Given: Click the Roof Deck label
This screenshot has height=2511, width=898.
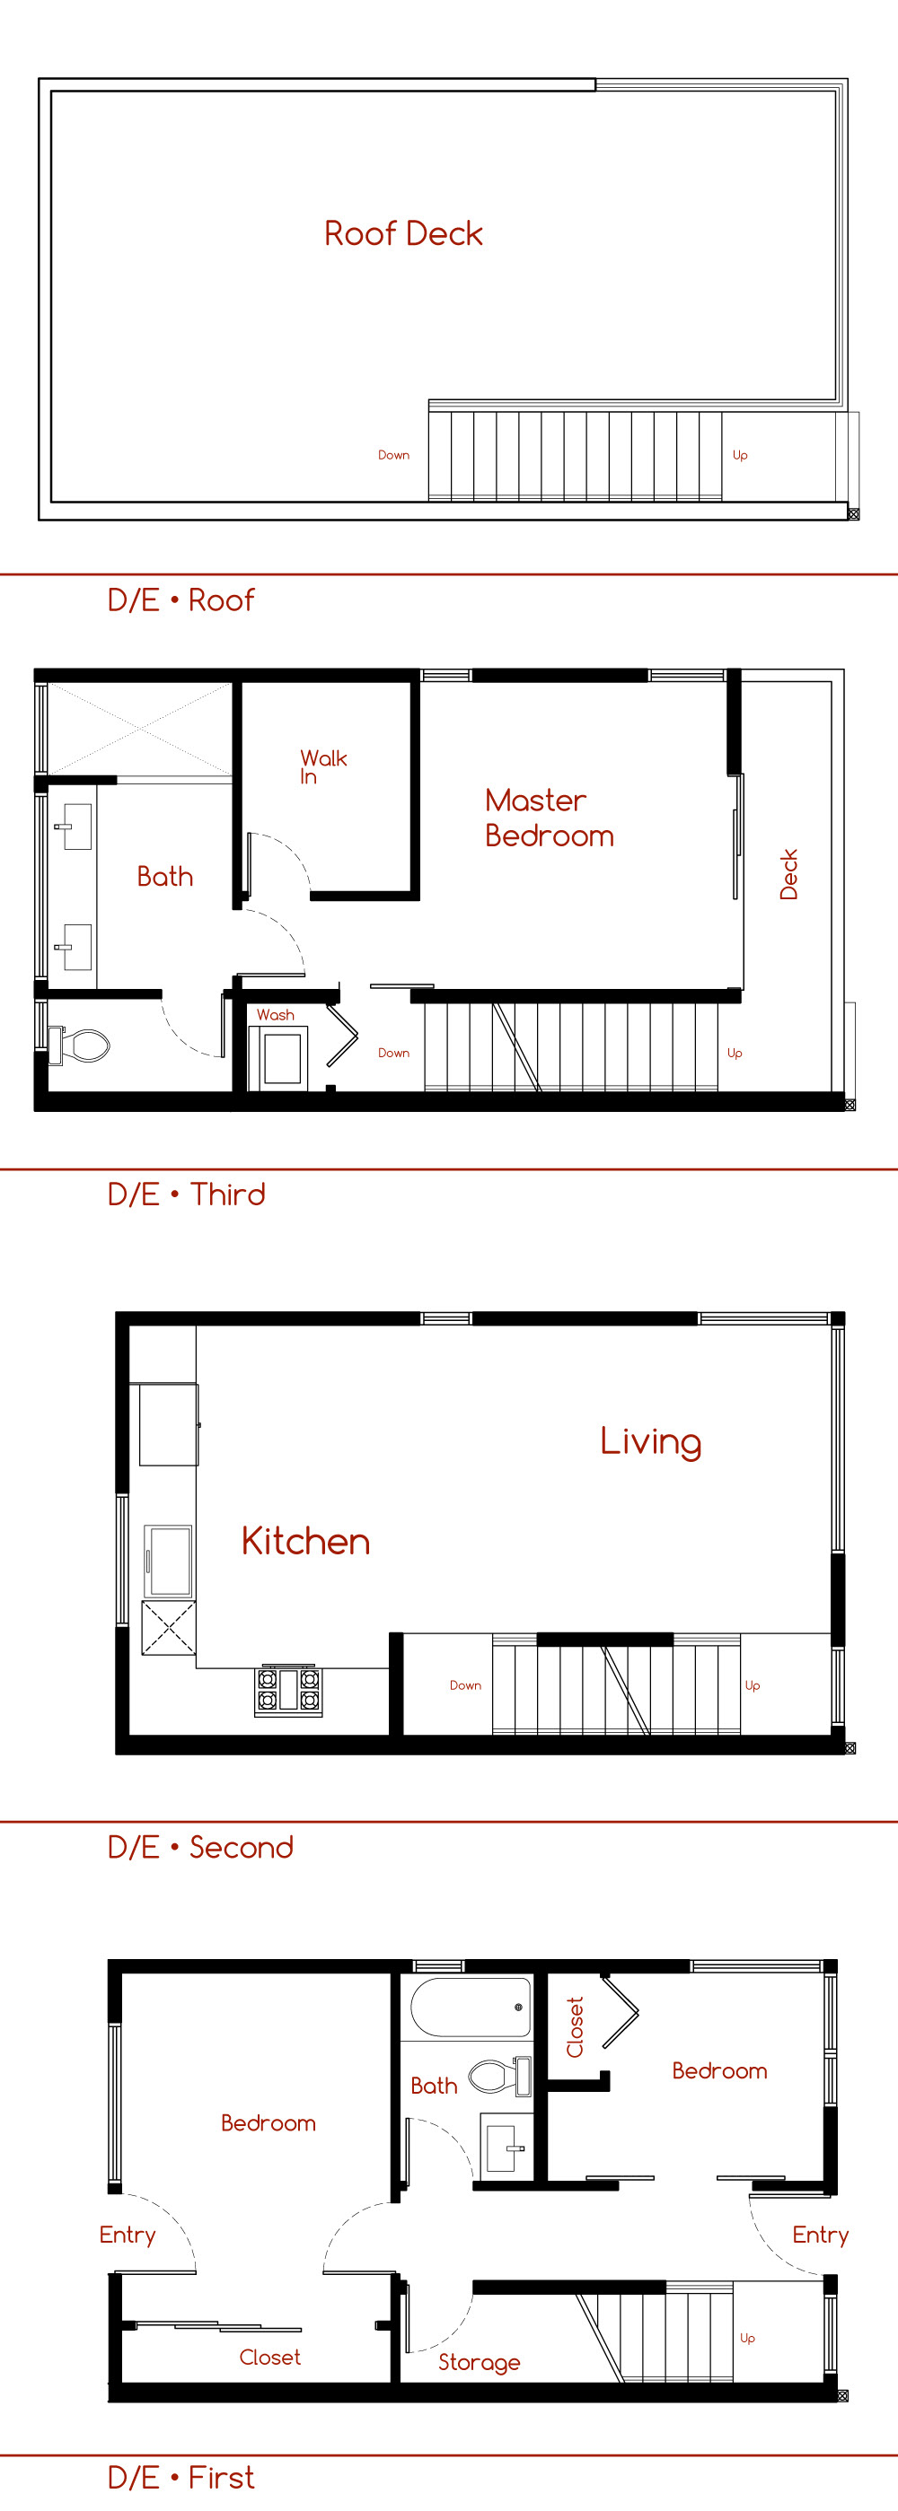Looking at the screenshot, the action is pyautogui.click(x=404, y=234).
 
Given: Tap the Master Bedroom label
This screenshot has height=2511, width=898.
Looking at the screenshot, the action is pyautogui.click(x=549, y=818).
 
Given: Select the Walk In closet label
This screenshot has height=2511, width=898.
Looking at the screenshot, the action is pyautogui.click(x=322, y=766).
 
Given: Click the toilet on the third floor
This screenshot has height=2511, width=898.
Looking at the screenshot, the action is pyautogui.click(x=79, y=1046).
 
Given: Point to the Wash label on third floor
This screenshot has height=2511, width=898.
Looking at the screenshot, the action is pyautogui.click(x=275, y=1015).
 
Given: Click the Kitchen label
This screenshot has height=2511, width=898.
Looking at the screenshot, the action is pyautogui.click(x=305, y=1541).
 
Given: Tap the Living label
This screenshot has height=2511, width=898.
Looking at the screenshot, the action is pyautogui.click(x=650, y=1441).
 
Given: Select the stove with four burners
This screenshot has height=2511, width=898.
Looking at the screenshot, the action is pyautogui.click(x=287, y=1690).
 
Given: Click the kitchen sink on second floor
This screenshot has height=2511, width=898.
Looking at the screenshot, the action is pyautogui.click(x=168, y=1561).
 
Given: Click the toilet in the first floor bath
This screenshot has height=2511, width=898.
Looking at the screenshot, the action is pyautogui.click(x=499, y=2077).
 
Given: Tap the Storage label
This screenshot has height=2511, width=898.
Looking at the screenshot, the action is pyautogui.click(x=479, y=2362).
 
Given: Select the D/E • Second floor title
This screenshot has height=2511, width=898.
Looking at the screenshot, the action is pyautogui.click(x=200, y=1847).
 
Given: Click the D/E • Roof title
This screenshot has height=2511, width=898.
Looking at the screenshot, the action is pyautogui.click(x=180, y=599).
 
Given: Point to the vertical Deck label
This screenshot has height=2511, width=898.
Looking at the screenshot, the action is pyautogui.click(x=788, y=873).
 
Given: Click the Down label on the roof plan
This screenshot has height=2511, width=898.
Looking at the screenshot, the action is pyautogui.click(x=394, y=455).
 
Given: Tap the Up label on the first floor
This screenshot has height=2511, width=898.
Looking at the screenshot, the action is pyautogui.click(x=747, y=2339).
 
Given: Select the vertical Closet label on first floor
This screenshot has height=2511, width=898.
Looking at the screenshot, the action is pyautogui.click(x=576, y=2027).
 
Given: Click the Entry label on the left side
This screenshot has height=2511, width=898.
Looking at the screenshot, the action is pyautogui.click(x=127, y=2235).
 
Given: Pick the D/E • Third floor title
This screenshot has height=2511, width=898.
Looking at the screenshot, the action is pyautogui.click(x=186, y=1194).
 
